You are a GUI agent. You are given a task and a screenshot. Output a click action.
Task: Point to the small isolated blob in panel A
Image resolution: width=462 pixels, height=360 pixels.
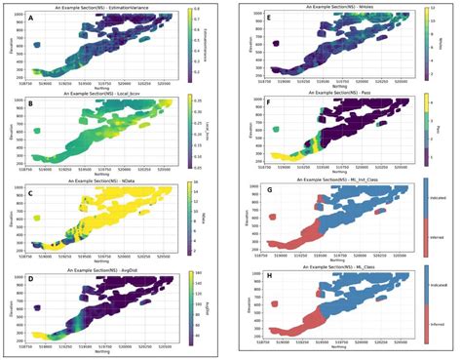pos(36,45)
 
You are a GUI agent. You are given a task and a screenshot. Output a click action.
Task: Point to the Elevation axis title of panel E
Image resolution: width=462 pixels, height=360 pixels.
pos(250,44)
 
